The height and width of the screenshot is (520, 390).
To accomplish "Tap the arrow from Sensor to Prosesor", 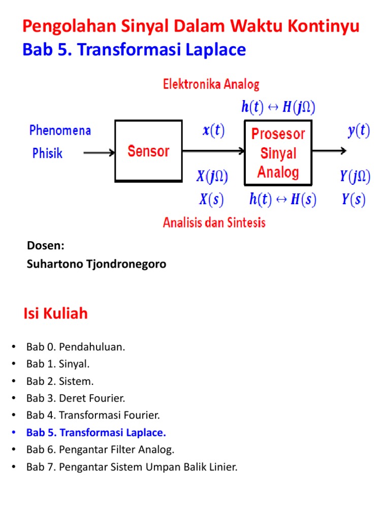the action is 213,151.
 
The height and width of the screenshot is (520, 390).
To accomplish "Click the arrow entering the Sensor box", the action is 99,152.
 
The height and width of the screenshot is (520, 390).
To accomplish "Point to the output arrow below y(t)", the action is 329,151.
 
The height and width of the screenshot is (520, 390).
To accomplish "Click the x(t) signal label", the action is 214,130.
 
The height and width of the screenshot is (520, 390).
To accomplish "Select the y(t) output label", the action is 359,131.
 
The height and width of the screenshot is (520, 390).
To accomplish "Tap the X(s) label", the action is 211,199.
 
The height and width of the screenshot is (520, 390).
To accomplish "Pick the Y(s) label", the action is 353,199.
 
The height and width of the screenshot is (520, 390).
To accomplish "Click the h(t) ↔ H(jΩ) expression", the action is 278,107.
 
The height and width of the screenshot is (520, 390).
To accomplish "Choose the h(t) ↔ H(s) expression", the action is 282,199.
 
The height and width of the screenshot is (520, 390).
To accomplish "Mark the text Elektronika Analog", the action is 211,84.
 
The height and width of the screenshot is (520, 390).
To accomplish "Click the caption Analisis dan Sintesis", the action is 214,222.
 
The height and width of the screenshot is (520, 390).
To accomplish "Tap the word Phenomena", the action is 60,131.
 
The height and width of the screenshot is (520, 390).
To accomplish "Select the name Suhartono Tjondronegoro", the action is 96,264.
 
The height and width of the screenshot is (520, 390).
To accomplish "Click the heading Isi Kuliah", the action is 55,313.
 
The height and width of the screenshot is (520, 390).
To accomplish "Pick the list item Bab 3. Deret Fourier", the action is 76,398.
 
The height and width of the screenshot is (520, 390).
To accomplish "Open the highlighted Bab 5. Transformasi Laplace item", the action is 96,433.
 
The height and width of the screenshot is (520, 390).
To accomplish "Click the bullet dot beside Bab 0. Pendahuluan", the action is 14,346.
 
